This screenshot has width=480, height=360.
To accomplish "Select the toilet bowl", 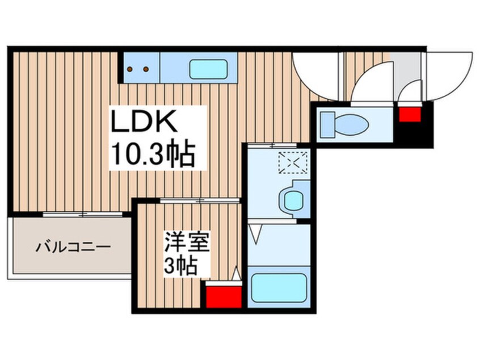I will [x=350, y=123].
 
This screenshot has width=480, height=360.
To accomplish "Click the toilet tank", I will [x=327, y=123].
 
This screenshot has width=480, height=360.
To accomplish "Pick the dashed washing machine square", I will [x=293, y=164].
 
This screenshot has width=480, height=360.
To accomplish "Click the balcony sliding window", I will [x=83, y=214].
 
